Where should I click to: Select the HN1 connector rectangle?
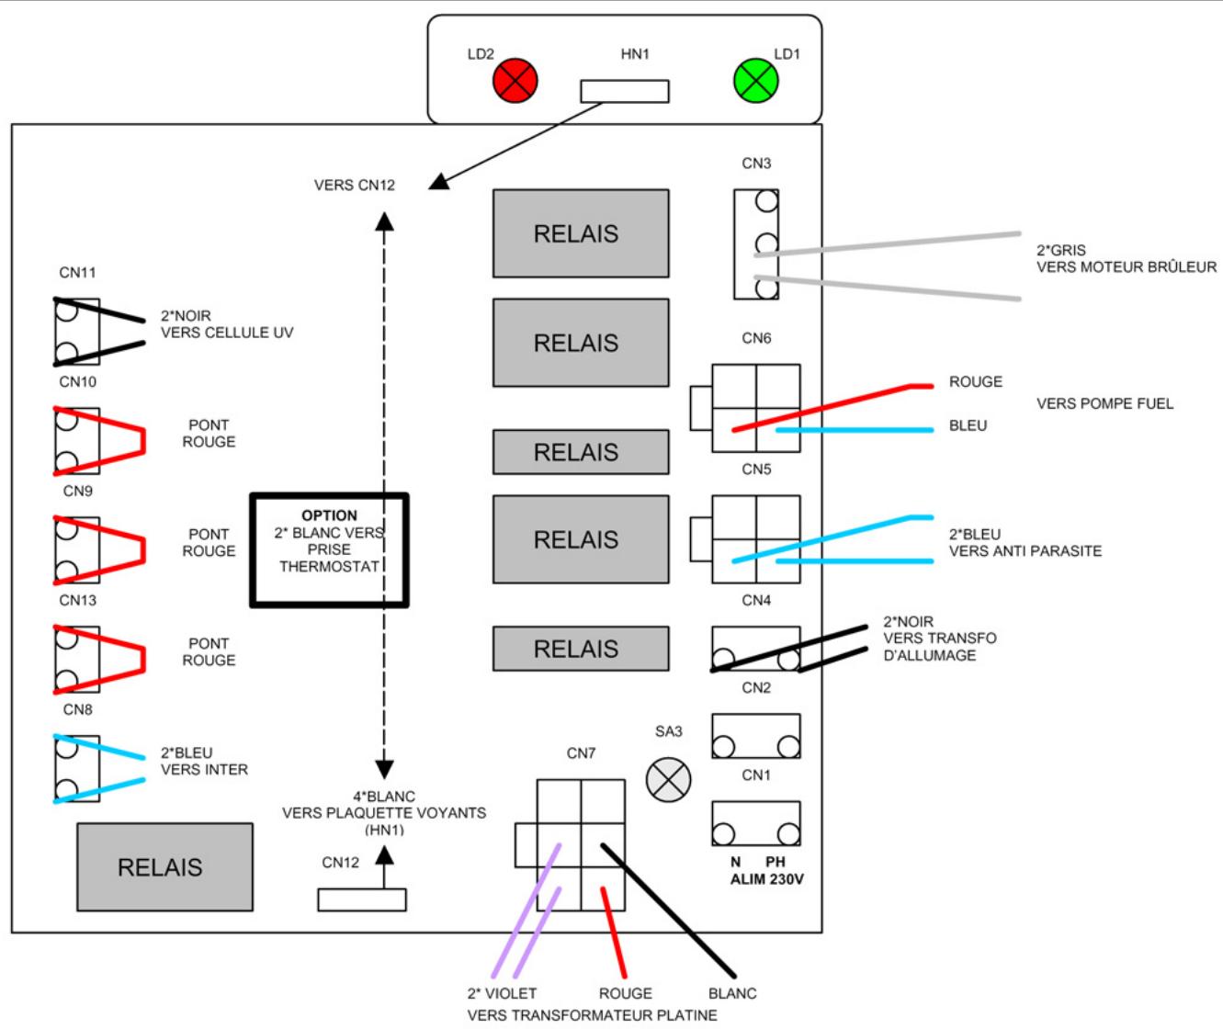(x=625, y=91)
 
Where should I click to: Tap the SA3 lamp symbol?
(x=668, y=780)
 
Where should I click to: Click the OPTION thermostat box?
(x=329, y=550)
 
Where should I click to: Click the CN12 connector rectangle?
(x=362, y=899)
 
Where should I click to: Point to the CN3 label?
(x=756, y=164)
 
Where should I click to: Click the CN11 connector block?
(x=77, y=332)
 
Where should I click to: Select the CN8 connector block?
(x=77, y=769)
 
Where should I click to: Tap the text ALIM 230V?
(x=766, y=879)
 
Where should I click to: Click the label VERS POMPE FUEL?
(x=1104, y=403)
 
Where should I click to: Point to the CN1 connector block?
(x=756, y=823)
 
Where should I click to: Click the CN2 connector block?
(x=756, y=736)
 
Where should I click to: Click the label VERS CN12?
(x=354, y=186)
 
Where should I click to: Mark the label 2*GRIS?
(x=1061, y=250)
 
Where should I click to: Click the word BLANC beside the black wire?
(x=732, y=993)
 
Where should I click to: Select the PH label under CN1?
(x=776, y=862)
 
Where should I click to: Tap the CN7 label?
(x=581, y=753)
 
